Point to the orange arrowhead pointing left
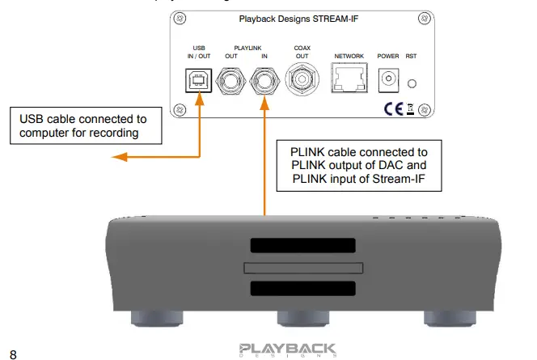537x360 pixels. click(118, 156)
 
